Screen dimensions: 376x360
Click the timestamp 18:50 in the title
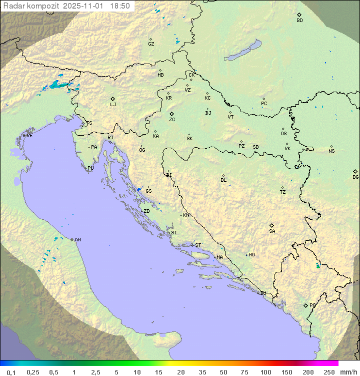point(120,6)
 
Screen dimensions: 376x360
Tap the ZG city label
point(172,120)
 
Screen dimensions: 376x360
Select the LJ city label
point(113,105)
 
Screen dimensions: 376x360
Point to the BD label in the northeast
point(299,21)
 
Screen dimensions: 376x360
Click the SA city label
point(272,231)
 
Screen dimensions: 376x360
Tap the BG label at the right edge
point(355,177)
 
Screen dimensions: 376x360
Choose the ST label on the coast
point(198,245)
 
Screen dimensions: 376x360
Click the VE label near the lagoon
point(29,136)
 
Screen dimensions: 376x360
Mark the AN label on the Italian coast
point(77,240)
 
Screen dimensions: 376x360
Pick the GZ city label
point(151,44)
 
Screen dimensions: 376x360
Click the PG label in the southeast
point(312,305)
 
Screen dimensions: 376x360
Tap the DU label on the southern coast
point(262,293)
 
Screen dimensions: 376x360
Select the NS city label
point(331,151)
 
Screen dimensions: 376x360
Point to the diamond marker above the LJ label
point(113,99)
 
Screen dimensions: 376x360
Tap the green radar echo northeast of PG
point(317,265)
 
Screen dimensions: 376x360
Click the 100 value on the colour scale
point(265,372)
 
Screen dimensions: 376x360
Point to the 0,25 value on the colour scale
point(33,372)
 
